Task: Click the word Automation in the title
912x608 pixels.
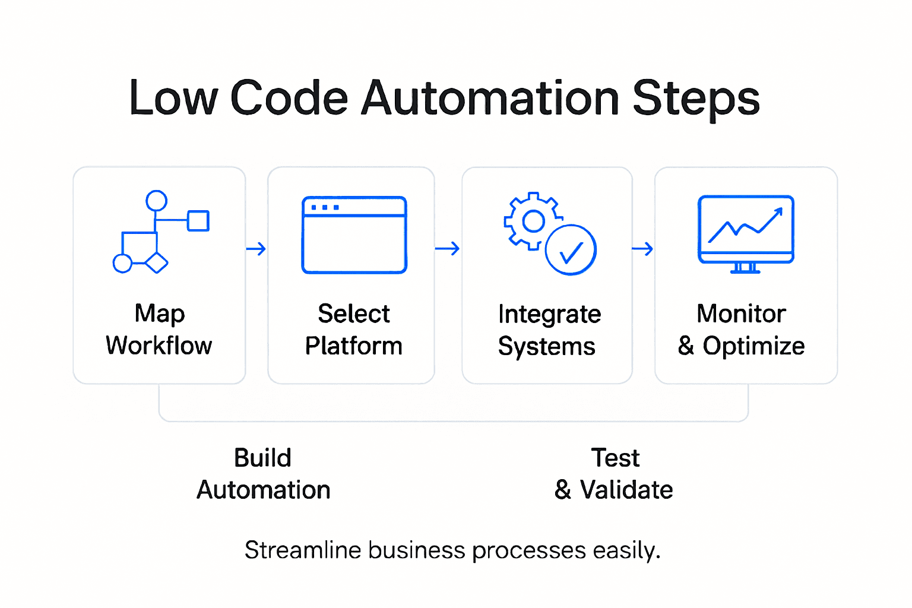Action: pyautogui.click(x=490, y=99)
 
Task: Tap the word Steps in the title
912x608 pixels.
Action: pyautogui.click(x=696, y=99)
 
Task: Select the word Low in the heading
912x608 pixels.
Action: pyautogui.click(x=173, y=99)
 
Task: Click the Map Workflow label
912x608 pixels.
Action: pyautogui.click(x=159, y=330)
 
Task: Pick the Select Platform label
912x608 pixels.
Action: pyautogui.click(x=354, y=330)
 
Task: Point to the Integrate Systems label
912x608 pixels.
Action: pyautogui.click(x=549, y=330)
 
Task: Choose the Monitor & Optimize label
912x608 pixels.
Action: pyautogui.click(x=741, y=330)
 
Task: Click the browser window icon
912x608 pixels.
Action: pyautogui.click(x=354, y=235)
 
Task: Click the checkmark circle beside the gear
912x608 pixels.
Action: pyautogui.click(x=571, y=250)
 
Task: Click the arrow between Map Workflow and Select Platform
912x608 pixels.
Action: pyautogui.click(x=256, y=249)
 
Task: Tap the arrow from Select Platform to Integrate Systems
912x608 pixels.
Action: pyautogui.click(x=447, y=249)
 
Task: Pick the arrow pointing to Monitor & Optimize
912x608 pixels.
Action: pyautogui.click(x=642, y=249)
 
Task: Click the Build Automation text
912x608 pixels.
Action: pyautogui.click(x=263, y=474)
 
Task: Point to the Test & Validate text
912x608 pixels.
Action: pyautogui.click(x=614, y=474)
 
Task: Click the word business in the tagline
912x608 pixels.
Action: pyautogui.click(x=416, y=550)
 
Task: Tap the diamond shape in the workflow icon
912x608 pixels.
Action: pyautogui.click(x=157, y=262)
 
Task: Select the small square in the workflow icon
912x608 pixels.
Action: pyautogui.click(x=198, y=221)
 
